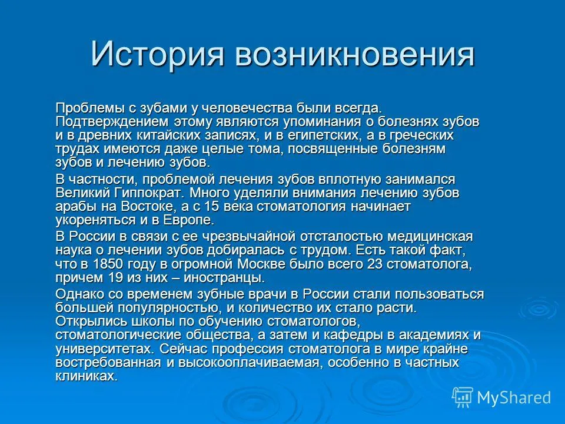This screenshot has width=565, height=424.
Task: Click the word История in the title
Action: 158,54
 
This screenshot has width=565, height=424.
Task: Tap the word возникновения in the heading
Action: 354,55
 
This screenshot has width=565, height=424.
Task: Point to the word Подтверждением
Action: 112,122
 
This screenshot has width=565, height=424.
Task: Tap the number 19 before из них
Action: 116,277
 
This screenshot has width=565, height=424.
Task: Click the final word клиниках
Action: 87,376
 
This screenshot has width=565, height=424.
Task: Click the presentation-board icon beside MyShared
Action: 463,397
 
